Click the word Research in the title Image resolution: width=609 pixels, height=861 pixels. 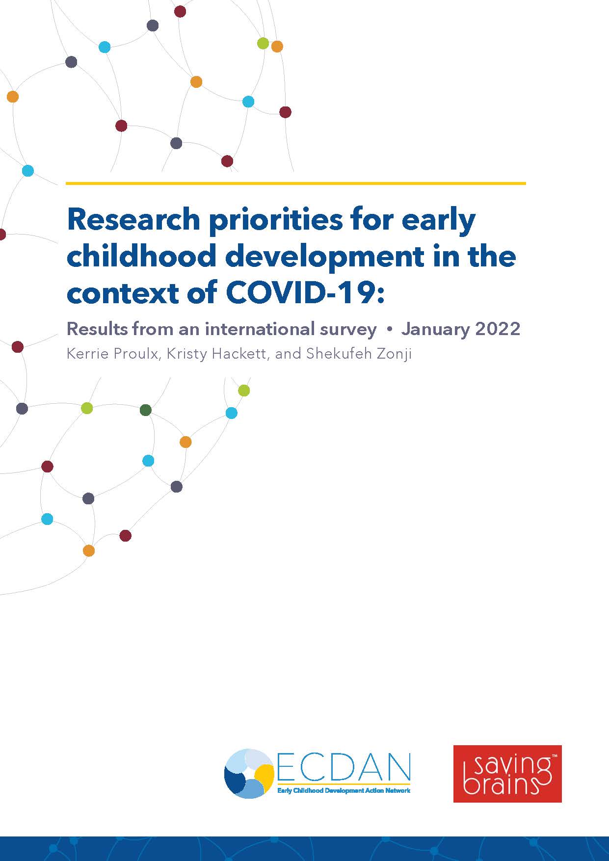click(133, 219)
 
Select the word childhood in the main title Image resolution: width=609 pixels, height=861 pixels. click(141, 256)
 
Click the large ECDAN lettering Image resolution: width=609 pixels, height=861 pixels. click(343, 768)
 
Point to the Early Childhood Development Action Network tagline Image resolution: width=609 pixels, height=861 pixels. click(344, 791)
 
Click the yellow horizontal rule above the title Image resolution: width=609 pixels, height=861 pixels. click(295, 183)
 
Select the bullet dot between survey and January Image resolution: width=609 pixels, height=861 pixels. click(389, 330)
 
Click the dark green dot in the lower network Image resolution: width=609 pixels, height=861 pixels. click(146, 410)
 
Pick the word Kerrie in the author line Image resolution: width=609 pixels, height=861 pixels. click(87, 354)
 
